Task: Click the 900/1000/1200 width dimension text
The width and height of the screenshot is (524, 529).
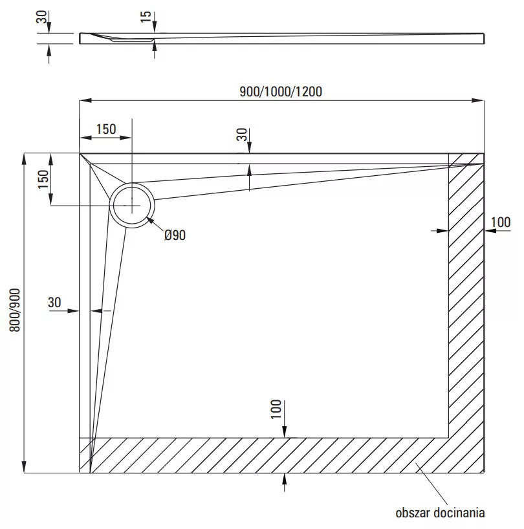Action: [x=281, y=91]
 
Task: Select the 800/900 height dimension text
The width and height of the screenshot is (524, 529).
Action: [x=15, y=310]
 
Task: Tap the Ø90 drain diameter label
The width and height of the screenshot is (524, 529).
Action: [x=175, y=235]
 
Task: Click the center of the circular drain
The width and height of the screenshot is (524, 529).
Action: [x=132, y=205]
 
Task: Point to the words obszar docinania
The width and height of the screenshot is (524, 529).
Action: [x=440, y=513]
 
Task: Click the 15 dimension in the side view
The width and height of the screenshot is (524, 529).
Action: [x=146, y=17]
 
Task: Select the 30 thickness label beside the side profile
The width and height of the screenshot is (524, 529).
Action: [x=41, y=17]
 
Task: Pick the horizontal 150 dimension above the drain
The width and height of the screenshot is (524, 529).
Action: [x=106, y=129]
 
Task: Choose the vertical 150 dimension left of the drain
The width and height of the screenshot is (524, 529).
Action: [x=43, y=179]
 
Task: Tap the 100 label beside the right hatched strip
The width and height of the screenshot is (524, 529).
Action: [x=501, y=222]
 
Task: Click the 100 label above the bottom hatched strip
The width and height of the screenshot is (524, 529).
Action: [x=276, y=409]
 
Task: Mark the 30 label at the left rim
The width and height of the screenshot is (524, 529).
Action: [x=54, y=302]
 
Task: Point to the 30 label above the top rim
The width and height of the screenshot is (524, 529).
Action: [x=242, y=135]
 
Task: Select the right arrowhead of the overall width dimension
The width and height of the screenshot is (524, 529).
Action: [x=478, y=100]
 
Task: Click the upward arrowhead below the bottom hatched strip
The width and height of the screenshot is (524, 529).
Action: [x=285, y=479]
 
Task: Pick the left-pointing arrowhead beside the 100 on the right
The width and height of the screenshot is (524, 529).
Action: [x=490, y=231]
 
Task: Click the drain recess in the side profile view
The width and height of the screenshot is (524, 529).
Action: [x=131, y=39]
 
